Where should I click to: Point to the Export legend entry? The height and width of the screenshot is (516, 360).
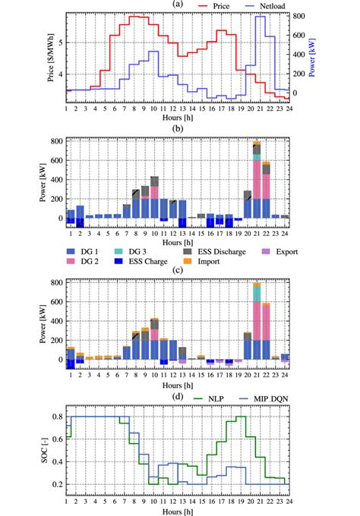pyautogui.click(x=281, y=251)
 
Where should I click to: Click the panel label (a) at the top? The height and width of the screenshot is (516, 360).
pyautogui.click(x=177, y=4)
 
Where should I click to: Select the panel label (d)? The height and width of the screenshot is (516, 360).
pyautogui.click(x=177, y=396)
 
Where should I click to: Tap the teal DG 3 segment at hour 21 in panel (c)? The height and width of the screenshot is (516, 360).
pyautogui.click(x=256, y=292)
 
